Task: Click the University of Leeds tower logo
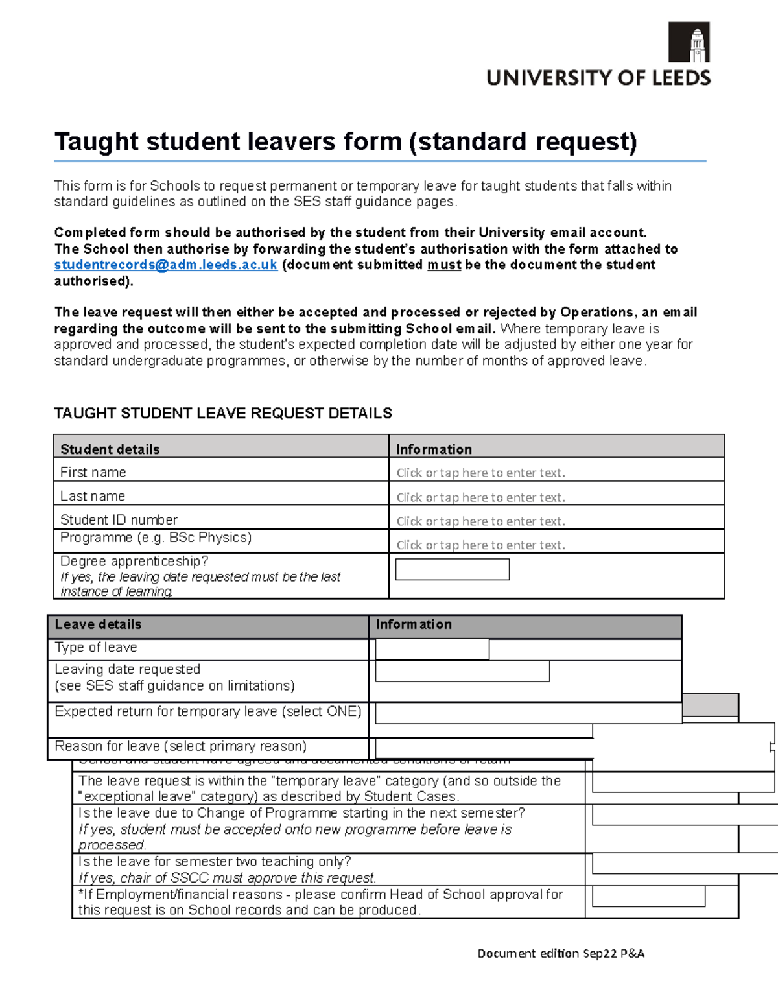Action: pyautogui.click(x=689, y=42)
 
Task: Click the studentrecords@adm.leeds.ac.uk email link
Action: pyautogui.click(x=165, y=265)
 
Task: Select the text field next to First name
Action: pyautogui.click(x=480, y=473)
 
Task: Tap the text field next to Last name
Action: pyautogui.click(x=480, y=497)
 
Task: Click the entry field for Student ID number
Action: pyautogui.click(x=480, y=521)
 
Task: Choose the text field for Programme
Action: pyautogui.click(x=480, y=545)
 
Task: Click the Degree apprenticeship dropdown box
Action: pyautogui.click(x=452, y=569)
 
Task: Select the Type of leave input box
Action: pyautogui.click(x=432, y=649)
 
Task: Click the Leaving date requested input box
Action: pyautogui.click(x=462, y=671)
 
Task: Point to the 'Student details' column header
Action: pyautogui.click(x=110, y=449)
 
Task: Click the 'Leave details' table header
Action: pyautogui.click(x=98, y=624)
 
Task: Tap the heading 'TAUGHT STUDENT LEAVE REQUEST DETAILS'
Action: pyautogui.click(x=223, y=413)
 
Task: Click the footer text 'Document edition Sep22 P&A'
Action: pyautogui.click(x=561, y=953)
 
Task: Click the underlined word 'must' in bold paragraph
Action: pyautogui.click(x=444, y=265)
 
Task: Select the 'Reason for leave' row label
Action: pyautogui.click(x=180, y=746)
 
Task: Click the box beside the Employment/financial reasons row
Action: pyautogui.click(x=648, y=897)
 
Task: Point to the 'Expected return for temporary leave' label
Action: pyautogui.click(x=207, y=711)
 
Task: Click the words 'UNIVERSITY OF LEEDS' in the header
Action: pyautogui.click(x=598, y=78)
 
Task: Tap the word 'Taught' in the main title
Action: pyautogui.click(x=96, y=141)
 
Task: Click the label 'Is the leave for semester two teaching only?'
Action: pyautogui.click(x=215, y=861)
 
